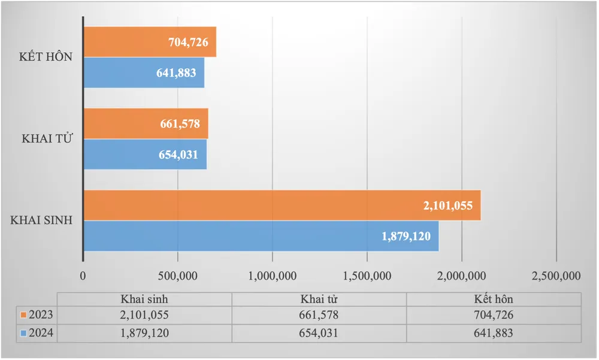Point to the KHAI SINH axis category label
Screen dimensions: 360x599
click(42, 220)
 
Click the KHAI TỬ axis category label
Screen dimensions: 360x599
click(47, 138)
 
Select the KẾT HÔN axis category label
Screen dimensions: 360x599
click(46, 57)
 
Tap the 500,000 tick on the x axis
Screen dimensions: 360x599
click(178, 276)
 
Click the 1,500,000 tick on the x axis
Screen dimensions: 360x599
click(367, 276)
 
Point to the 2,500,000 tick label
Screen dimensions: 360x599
click(556, 276)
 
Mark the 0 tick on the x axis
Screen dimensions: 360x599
click(83, 276)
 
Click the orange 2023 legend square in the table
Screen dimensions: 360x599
click(23, 315)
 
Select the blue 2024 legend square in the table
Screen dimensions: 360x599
click(23, 333)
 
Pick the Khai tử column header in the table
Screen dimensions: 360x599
click(319, 299)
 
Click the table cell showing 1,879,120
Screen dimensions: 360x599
click(144, 333)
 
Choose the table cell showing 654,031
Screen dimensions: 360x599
click(319, 333)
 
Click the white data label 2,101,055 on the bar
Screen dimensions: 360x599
click(448, 205)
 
